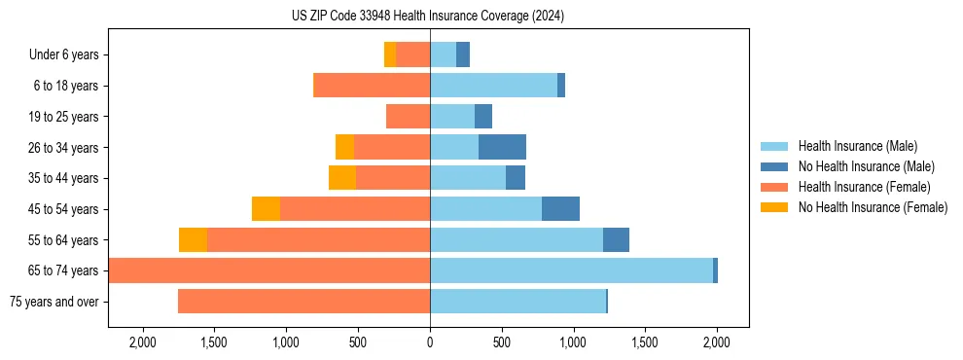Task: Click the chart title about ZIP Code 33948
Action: pos(428,17)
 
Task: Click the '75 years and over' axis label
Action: pos(53,302)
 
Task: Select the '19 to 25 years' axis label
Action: pos(63,117)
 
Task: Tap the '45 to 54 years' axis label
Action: pos(63,209)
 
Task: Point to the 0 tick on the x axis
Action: pos(430,342)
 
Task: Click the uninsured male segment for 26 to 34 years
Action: pos(502,147)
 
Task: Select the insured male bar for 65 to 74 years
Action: pos(571,270)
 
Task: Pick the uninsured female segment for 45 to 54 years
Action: pos(266,209)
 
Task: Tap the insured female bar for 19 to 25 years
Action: pos(408,117)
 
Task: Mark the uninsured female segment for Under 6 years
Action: pos(390,55)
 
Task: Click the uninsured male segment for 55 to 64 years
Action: pos(616,239)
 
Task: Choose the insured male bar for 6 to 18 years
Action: pos(493,86)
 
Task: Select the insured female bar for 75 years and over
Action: pos(303,302)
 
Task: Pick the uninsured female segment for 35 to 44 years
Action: pos(342,178)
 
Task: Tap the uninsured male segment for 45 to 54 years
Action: pos(560,209)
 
